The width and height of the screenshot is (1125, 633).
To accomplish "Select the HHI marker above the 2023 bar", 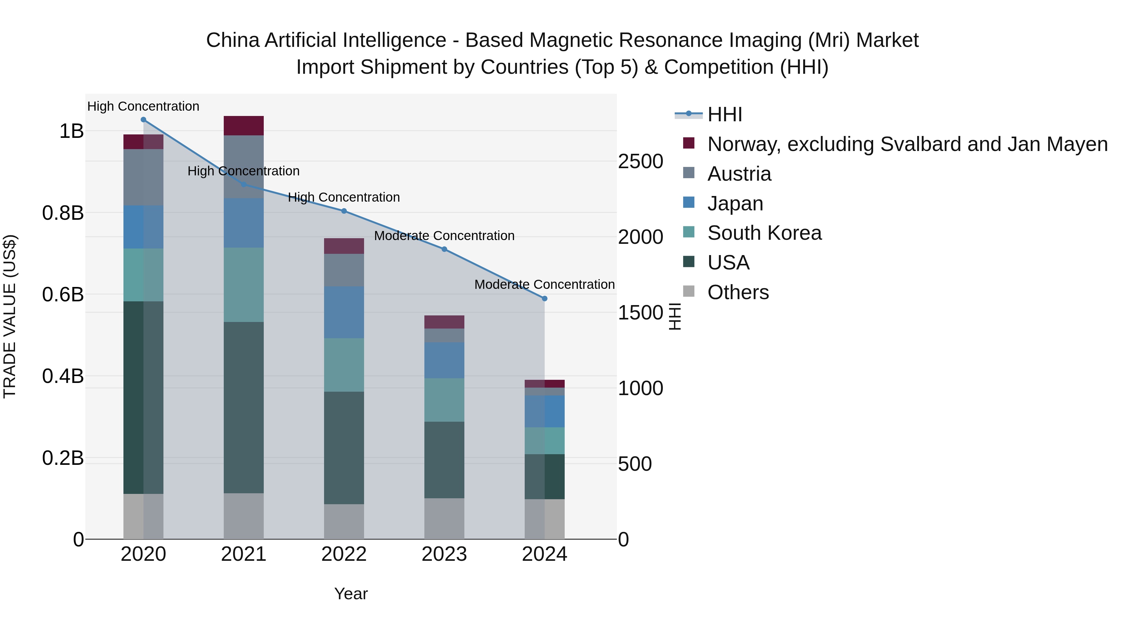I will click(444, 249).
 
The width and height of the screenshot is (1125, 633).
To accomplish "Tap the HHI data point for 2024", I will click(545, 299).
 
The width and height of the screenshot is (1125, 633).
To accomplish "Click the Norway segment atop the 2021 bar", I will click(244, 126).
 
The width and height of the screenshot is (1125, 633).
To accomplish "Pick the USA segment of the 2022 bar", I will click(344, 448).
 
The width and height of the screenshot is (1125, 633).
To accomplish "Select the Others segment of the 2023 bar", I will click(444, 519).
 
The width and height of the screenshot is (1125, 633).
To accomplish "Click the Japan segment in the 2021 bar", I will click(244, 223).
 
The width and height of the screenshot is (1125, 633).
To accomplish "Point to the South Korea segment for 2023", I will click(444, 400).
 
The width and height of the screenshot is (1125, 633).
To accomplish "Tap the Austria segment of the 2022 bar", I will click(344, 270).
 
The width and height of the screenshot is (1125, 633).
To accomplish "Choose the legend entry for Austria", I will click(739, 174).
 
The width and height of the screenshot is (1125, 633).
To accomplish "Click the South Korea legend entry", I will click(764, 233).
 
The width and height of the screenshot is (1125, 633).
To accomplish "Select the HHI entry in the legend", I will click(724, 114).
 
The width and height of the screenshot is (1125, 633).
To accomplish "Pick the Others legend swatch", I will click(689, 291).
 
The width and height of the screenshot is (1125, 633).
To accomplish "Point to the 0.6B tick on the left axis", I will click(63, 294).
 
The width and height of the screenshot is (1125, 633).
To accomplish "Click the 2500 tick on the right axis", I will click(641, 162).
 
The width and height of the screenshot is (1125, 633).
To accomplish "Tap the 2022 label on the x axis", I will click(344, 554).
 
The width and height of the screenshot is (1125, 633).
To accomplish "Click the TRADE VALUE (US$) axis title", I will click(10, 316).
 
